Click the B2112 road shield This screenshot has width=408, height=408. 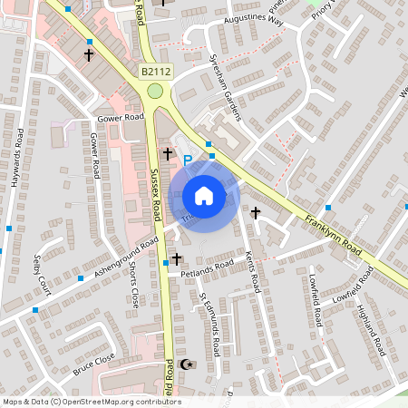point(155,70)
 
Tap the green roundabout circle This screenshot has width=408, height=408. point(156,91)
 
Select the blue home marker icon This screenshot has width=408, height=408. point(204,196)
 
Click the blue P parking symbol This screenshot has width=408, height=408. point(188,160)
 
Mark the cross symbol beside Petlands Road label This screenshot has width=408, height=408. point(177,260)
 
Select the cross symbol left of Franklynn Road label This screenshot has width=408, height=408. point(256,213)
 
